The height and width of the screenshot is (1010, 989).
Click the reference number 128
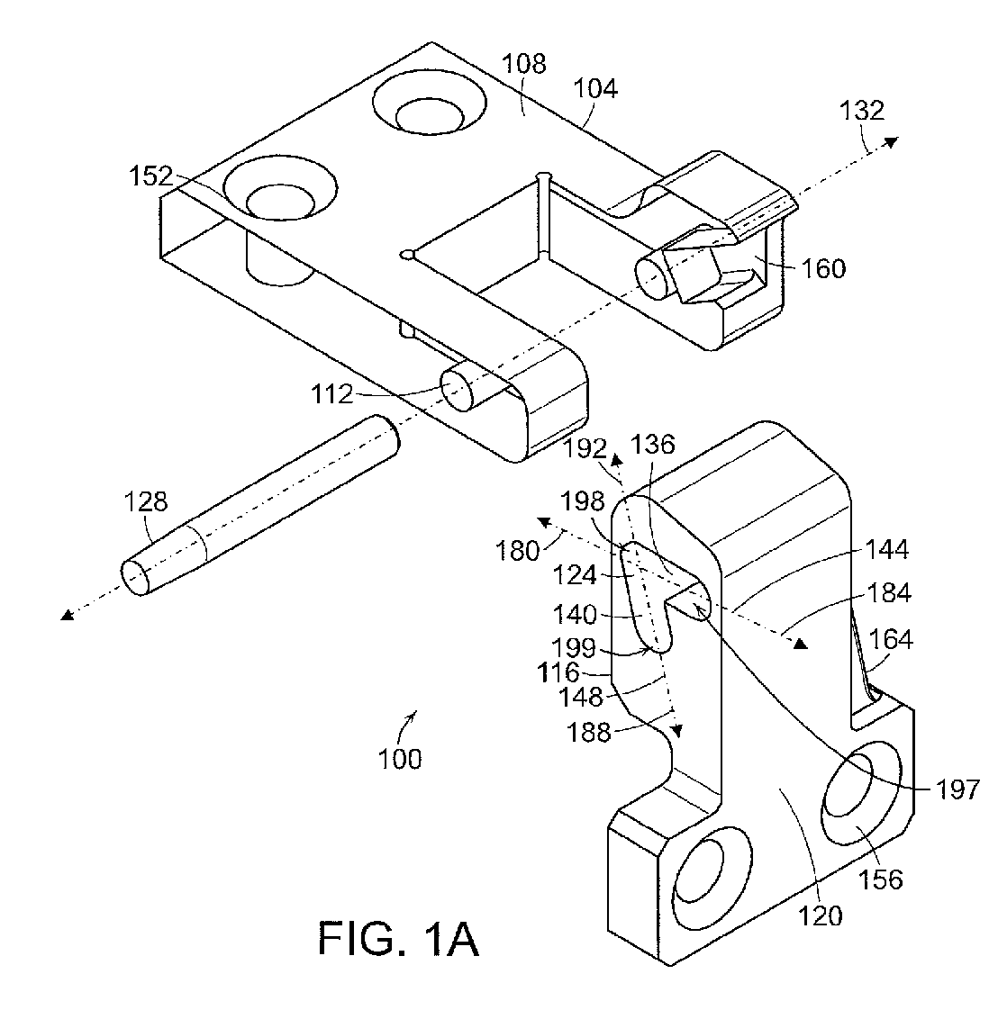coord(147,501)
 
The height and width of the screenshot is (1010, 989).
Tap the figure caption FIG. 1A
coord(397,938)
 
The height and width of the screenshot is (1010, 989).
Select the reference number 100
coord(400,758)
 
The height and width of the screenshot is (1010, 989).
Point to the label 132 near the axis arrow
coord(862,110)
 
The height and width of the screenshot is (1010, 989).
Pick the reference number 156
coord(881,879)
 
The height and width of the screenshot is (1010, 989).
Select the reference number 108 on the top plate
coord(524,64)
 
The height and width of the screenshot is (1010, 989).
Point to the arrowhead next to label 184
coord(798,643)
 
